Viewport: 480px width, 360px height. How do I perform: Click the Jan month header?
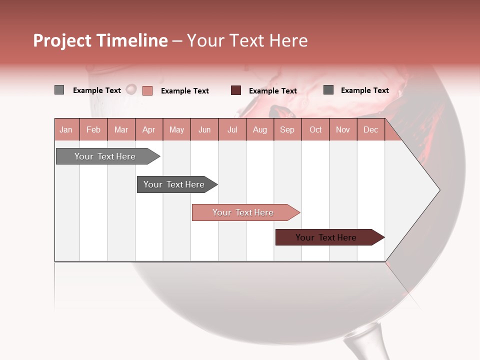point(66,129)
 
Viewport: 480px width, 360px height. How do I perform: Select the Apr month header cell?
point(149,129)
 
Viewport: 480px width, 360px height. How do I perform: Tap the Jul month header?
point(232,129)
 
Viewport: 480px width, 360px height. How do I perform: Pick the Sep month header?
point(287,129)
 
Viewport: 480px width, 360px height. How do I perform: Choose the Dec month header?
point(370,129)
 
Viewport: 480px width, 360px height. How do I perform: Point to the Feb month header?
point(93,129)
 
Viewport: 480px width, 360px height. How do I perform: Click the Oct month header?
point(315,129)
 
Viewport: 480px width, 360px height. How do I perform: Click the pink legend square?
point(147,90)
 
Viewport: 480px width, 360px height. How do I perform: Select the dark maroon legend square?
point(236,90)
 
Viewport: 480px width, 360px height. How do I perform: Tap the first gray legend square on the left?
point(59,90)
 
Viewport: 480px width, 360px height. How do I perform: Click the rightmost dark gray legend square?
point(328,90)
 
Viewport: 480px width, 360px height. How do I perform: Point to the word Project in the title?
point(62,40)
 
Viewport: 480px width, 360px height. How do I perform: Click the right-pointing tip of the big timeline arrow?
point(438,190)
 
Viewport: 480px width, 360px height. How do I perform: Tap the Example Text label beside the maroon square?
point(273,91)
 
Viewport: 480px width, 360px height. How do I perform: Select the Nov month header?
point(343,129)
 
